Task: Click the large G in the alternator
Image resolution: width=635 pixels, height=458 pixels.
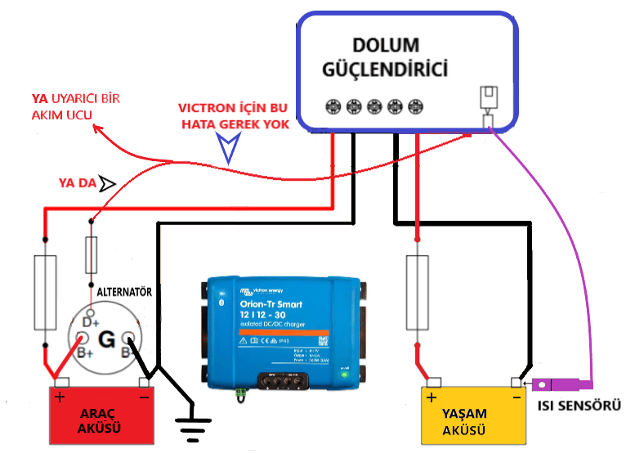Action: click(x=106, y=339)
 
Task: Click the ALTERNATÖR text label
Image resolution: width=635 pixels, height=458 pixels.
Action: click(x=125, y=291)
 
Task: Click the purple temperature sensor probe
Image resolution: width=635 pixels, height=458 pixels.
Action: click(x=558, y=384)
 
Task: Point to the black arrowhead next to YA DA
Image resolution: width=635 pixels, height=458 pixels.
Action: click(x=108, y=182)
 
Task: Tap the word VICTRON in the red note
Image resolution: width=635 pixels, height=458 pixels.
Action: click(x=206, y=107)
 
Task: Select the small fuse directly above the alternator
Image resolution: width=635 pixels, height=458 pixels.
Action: click(x=92, y=256)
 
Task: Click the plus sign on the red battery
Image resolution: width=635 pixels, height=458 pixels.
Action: click(x=60, y=397)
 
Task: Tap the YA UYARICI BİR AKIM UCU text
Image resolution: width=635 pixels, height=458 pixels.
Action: click(x=74, y=107)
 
